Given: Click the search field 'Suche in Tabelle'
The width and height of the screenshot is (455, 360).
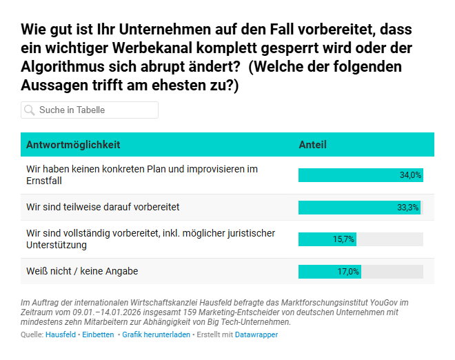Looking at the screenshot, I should point(97,110).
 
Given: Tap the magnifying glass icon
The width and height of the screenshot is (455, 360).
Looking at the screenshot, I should point(30,110).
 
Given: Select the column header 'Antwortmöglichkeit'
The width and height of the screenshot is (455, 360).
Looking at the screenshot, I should point(73,145).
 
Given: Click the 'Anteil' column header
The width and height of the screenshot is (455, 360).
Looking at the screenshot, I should point(312,145).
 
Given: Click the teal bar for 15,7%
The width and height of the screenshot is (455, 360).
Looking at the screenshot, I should point(327,239).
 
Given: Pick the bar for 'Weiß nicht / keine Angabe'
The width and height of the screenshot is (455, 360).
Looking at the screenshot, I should point(330,272).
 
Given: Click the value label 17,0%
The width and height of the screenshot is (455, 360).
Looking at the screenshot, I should point(348,272).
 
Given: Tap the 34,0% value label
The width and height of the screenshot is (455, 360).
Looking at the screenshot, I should point(410,175).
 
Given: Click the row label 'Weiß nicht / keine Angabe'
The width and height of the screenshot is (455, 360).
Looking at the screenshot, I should point(82,272).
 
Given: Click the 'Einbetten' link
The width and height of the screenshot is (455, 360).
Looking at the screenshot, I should point(98,334).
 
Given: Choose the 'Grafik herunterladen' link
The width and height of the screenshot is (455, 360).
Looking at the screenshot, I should point(155,334).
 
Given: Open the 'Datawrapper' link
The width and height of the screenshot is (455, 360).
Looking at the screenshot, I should point(256,334).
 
